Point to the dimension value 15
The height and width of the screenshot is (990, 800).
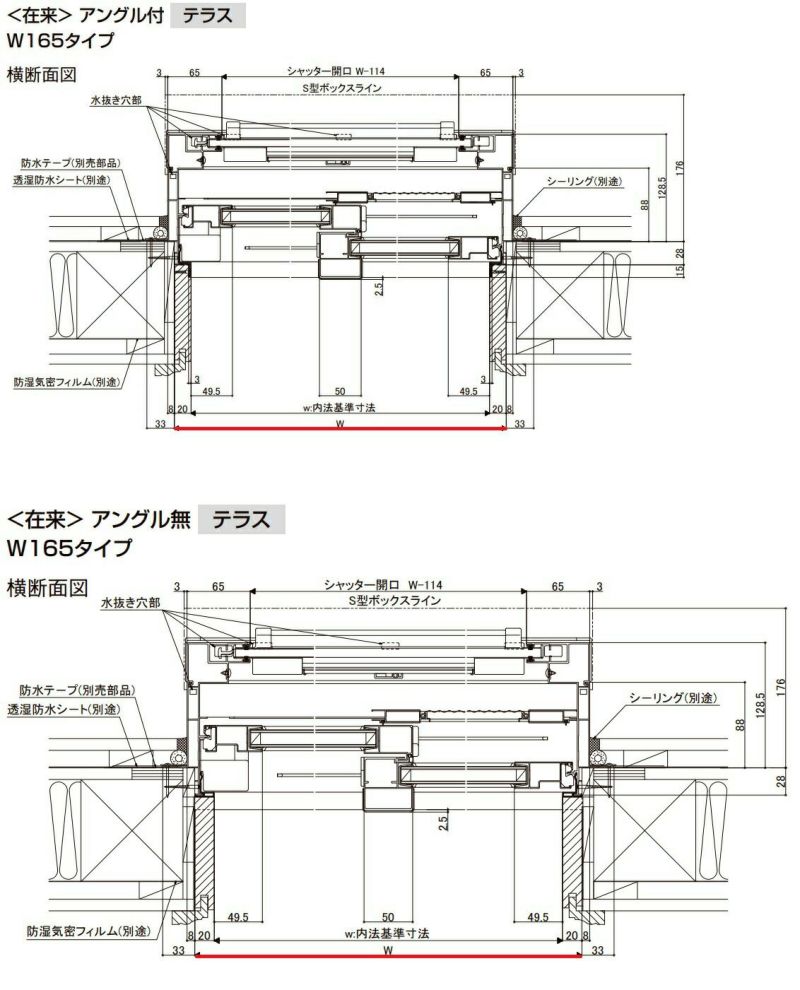click(x=678, y=272)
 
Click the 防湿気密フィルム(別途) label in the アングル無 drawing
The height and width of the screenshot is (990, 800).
click(x=89, y=931)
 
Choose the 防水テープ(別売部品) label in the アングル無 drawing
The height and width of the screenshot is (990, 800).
click(x=77, y=690)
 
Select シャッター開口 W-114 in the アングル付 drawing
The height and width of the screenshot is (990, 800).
click(x=336, y=72)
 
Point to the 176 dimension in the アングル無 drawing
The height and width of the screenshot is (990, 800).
click(x=782, y=691)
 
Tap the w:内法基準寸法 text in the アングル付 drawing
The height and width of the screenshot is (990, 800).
click(x=339, y=408)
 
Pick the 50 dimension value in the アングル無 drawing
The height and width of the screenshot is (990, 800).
click(x=389, y=917)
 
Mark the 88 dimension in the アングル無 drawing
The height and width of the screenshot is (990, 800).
click(x=741, y=725)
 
